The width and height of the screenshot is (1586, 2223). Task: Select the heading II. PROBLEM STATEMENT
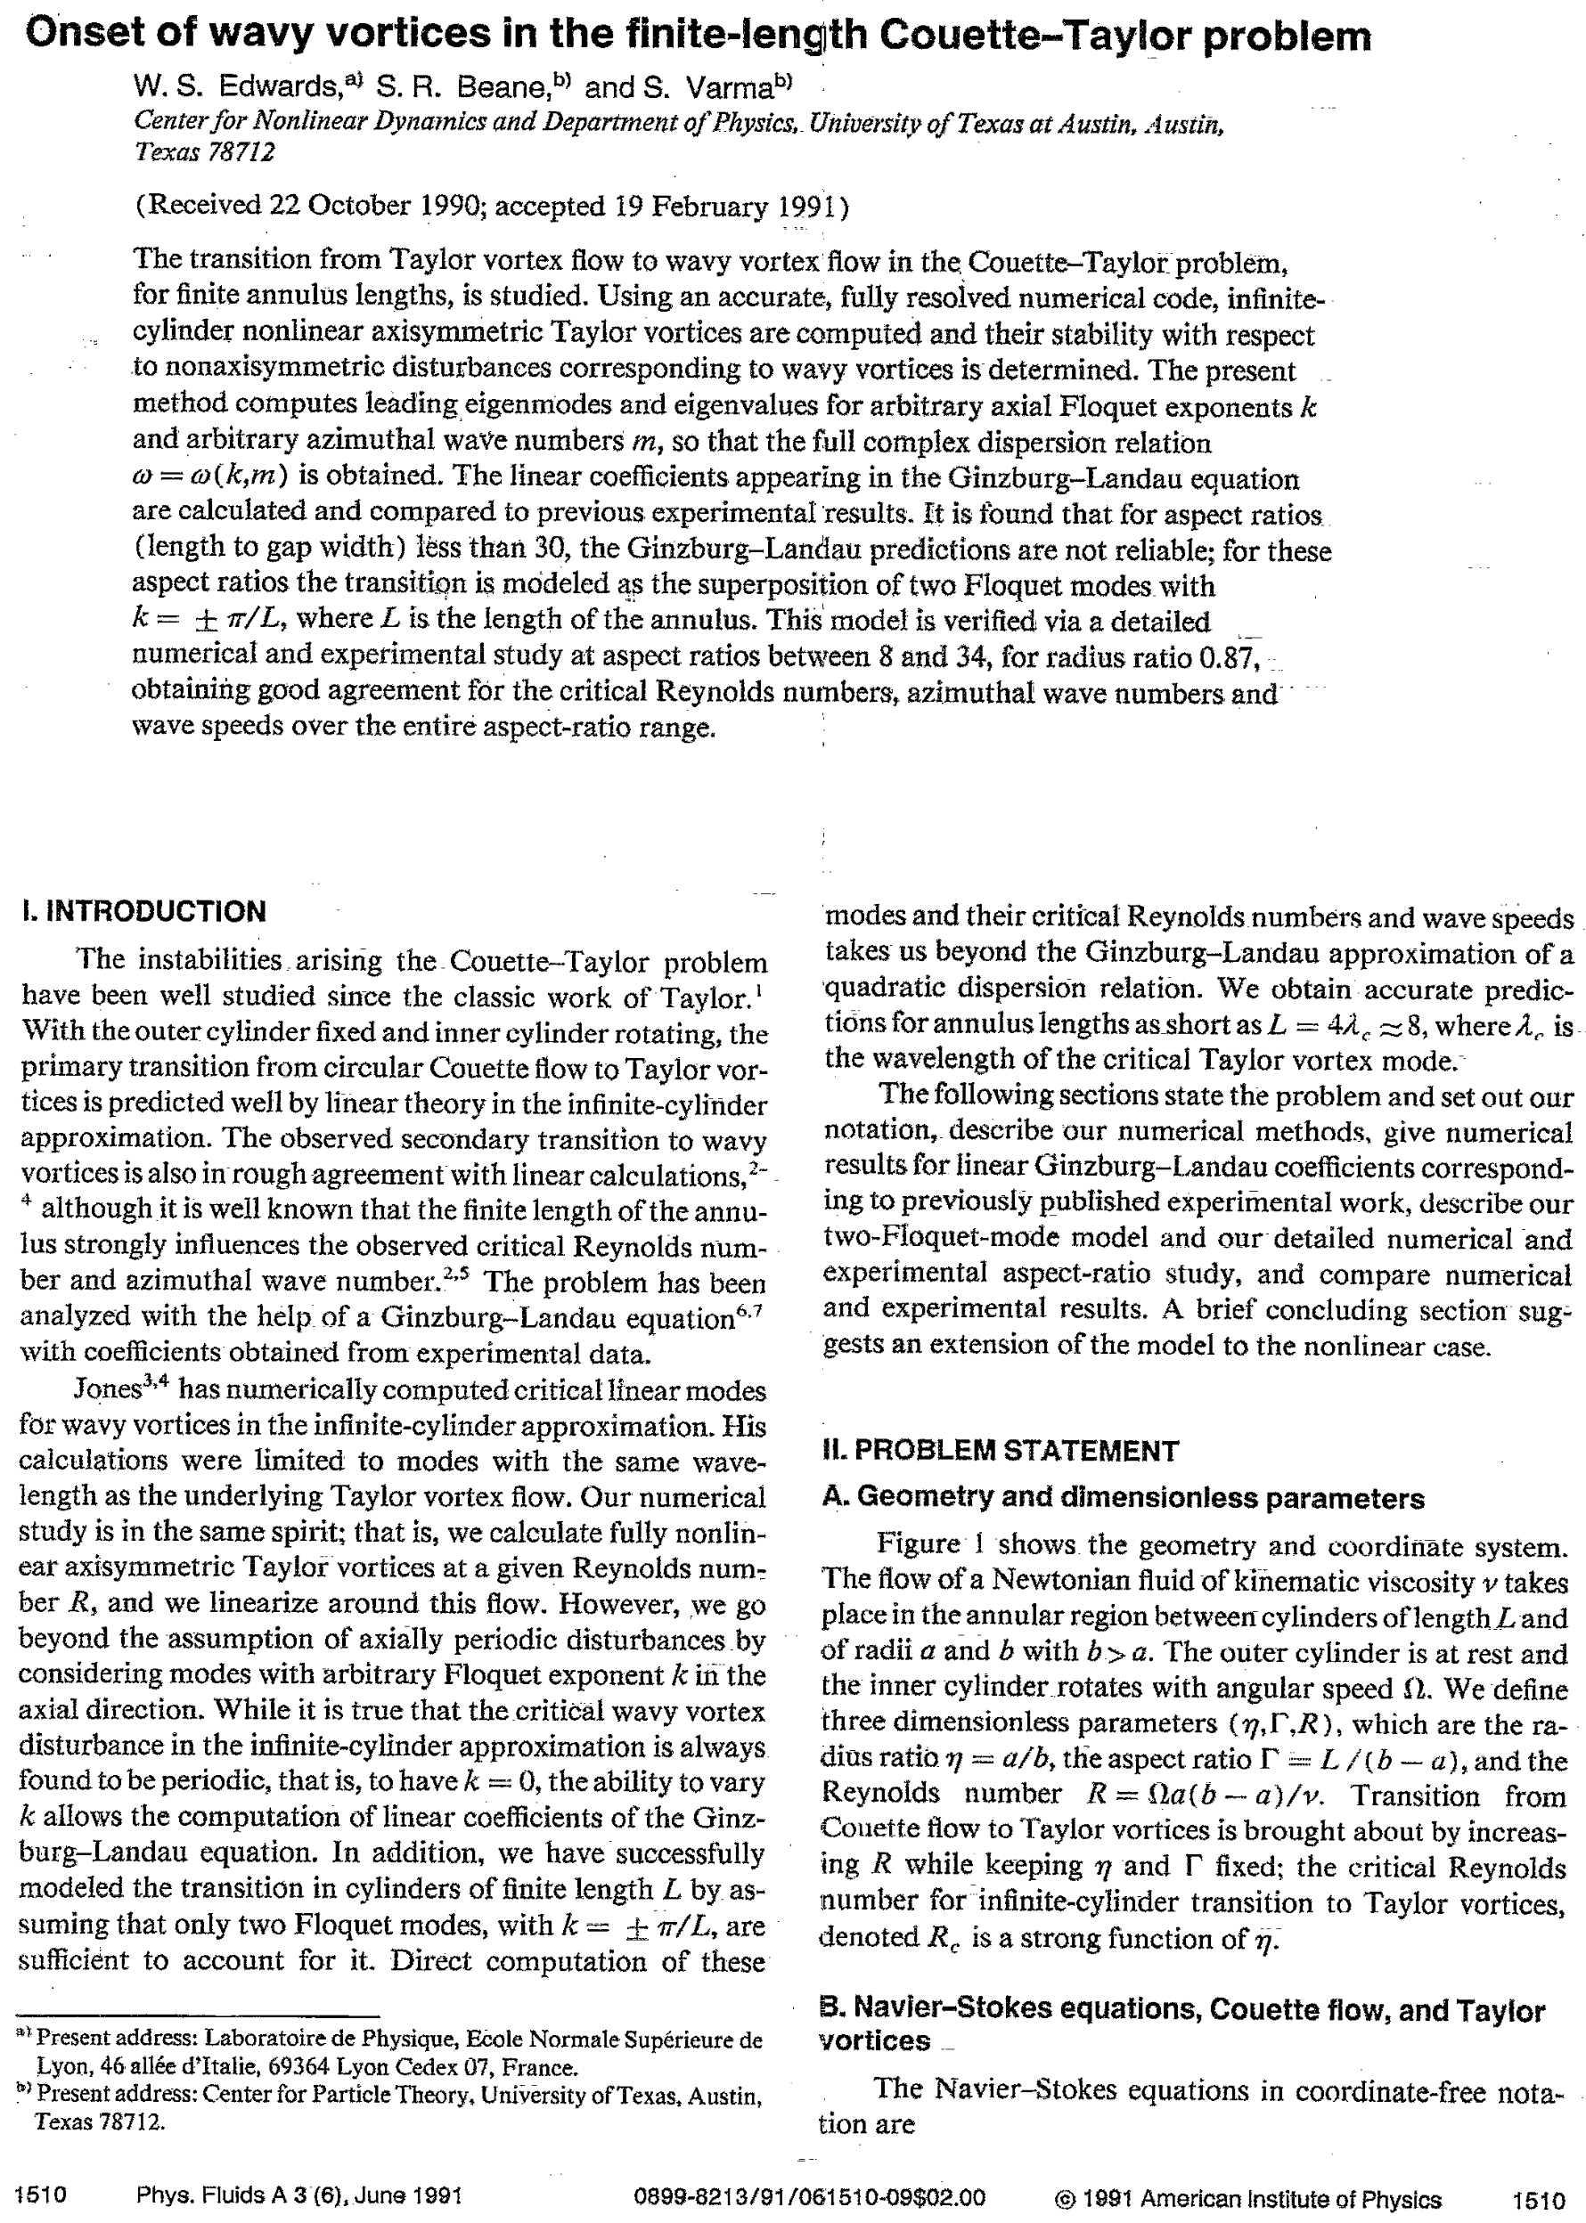1001,1451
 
